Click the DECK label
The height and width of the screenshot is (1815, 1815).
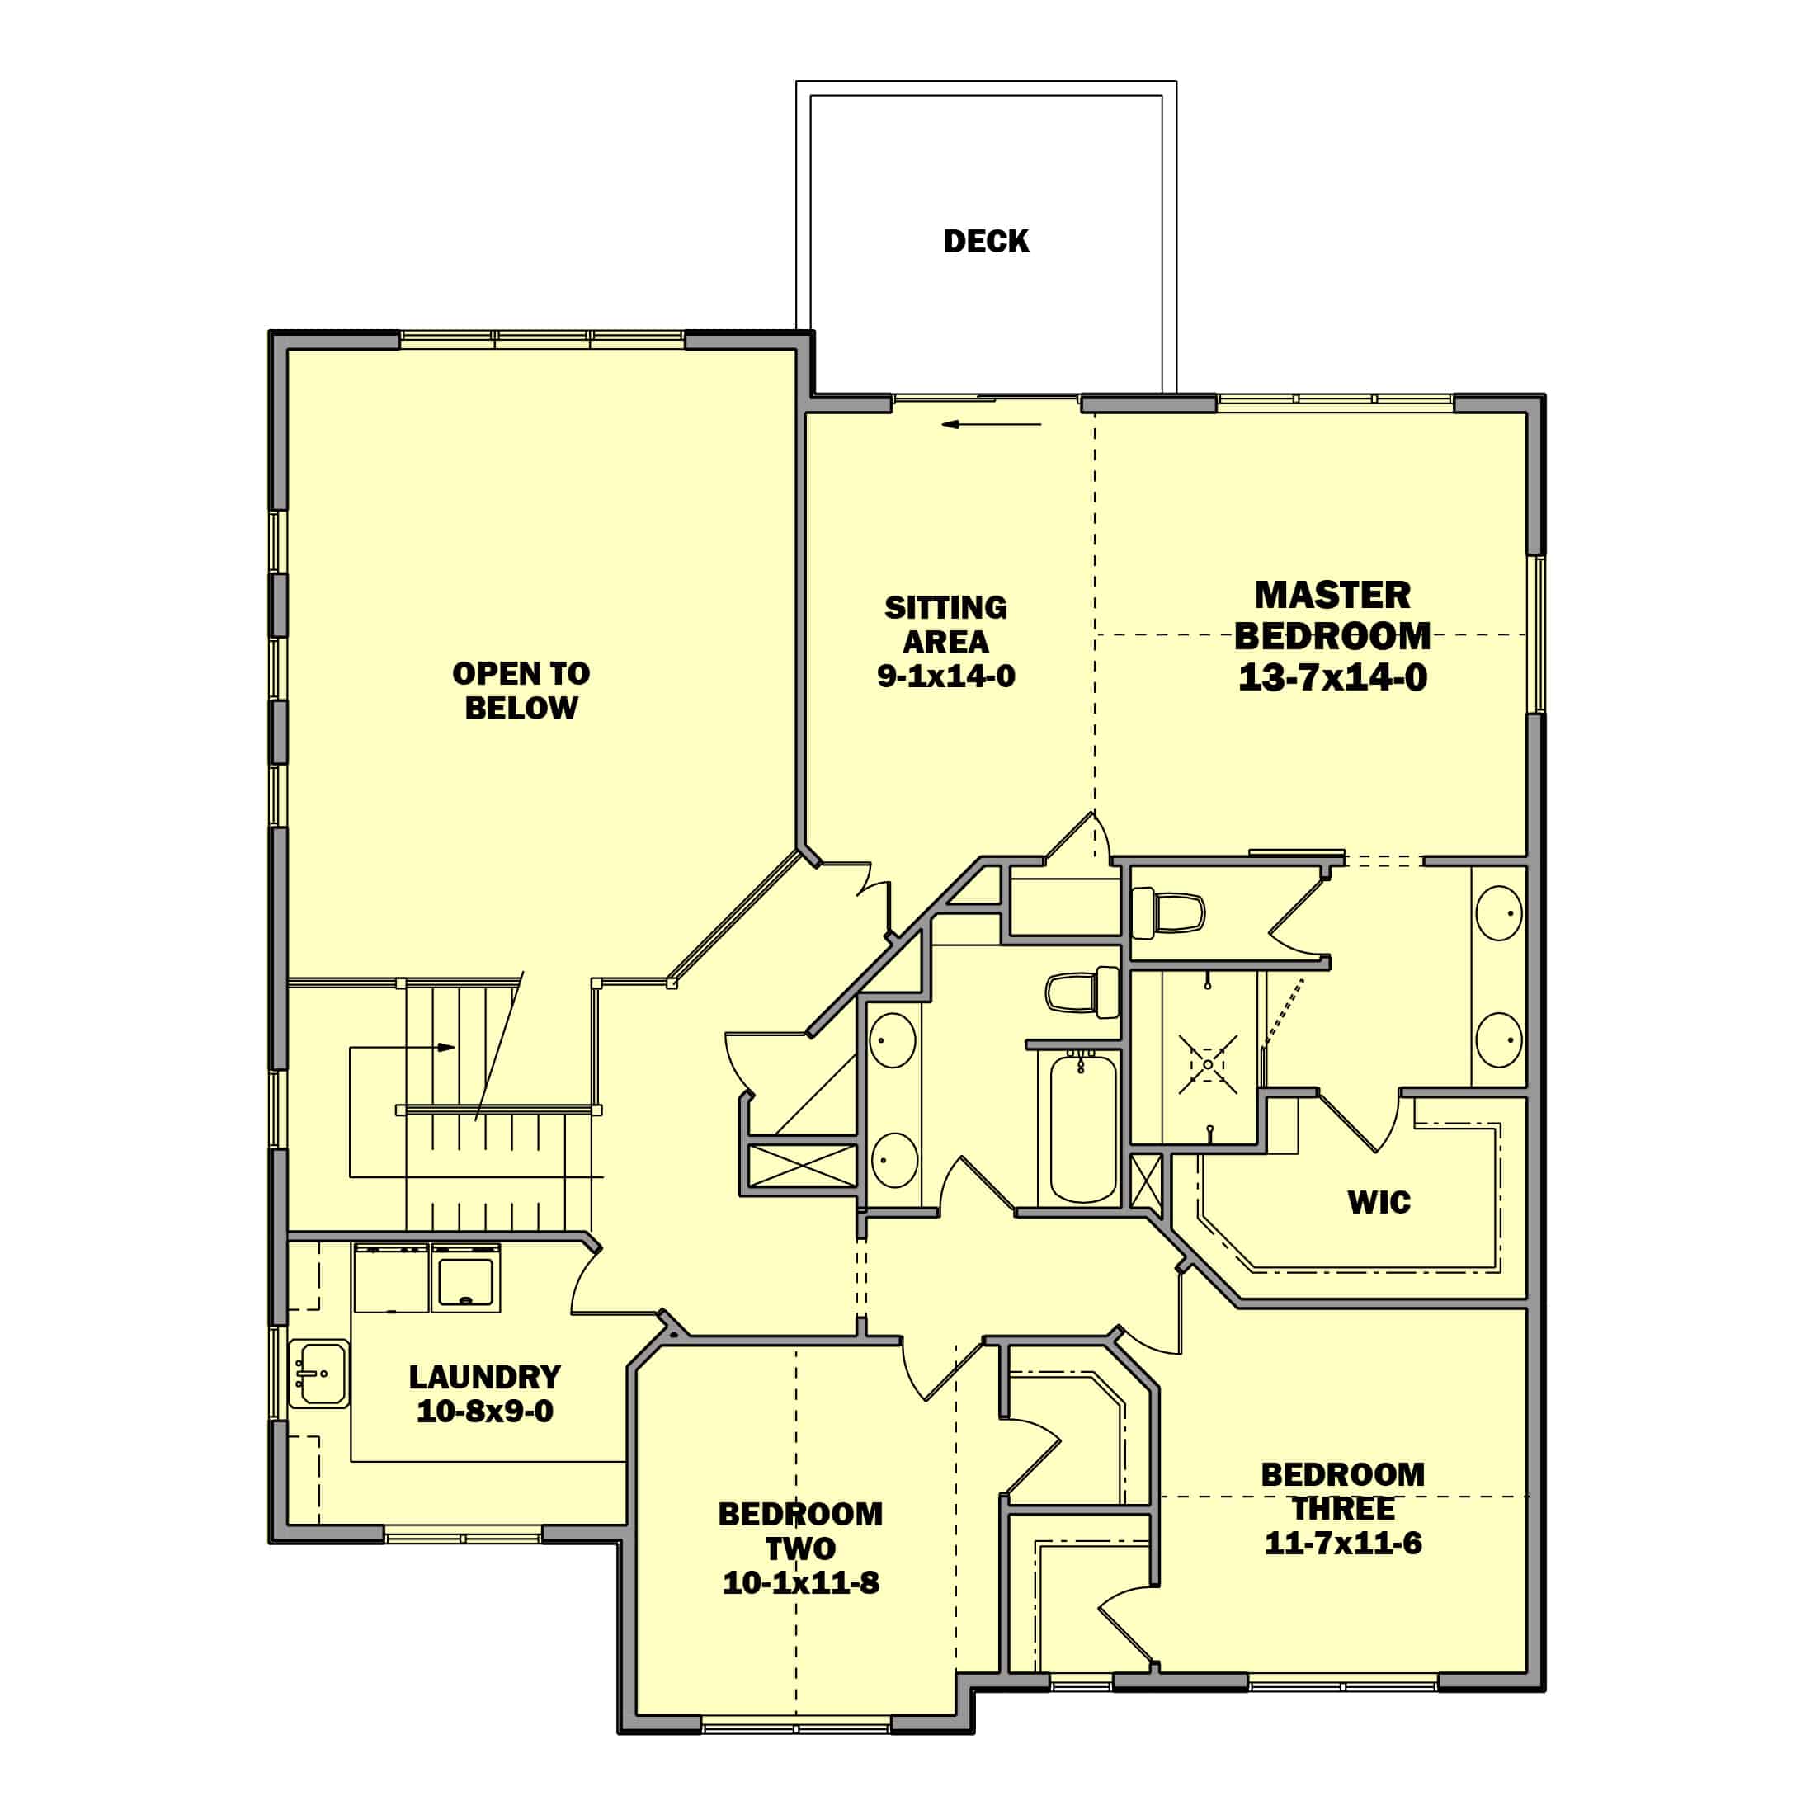[x=986, y=242]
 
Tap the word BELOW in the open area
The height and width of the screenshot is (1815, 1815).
[x=521, y=709]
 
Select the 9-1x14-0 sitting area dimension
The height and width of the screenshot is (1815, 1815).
[x=946, y=676]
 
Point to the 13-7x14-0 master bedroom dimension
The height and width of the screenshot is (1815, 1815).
[x=1333, y=677]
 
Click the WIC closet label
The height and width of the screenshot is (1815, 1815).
[x=1379, y=1203]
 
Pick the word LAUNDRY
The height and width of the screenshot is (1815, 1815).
[x=485, y=1377]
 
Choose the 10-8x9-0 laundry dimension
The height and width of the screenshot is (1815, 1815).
[x=485, y=1411]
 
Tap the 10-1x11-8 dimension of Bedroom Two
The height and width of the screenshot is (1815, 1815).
[x=800, y=1583]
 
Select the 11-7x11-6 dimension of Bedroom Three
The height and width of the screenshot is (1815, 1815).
[x=1343, y=1544]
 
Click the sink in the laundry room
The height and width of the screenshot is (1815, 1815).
[x=318, y=1374]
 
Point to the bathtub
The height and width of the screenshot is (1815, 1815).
[x=1083, y=1127]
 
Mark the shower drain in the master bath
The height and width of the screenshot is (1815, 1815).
[x=1207, y=1064]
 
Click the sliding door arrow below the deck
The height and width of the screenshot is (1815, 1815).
[x=992, y=425]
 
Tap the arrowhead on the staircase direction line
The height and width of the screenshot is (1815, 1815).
[x=447, y=1048]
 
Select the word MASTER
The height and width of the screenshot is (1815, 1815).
[x=1333, y=595]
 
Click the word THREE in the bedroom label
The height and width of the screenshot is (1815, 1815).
[x=1343, y=1509]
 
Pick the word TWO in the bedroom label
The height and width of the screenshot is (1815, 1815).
[x=800, y=1549]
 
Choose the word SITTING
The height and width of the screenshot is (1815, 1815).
[x=946, y=608]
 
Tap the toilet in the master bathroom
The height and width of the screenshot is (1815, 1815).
[x=1167, y=912]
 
